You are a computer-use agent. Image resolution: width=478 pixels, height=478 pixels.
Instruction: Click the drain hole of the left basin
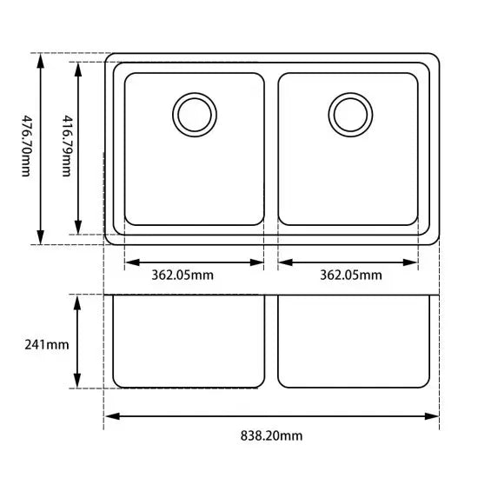(193, 114)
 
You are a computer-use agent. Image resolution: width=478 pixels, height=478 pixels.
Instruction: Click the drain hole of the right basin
(349, 114)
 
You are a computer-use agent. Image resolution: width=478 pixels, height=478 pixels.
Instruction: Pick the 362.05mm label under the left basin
(183, 276)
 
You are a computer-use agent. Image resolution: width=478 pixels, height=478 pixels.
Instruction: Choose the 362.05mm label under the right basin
(350, 276)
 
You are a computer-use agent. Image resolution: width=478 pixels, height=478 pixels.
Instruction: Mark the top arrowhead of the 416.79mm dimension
(79, 67)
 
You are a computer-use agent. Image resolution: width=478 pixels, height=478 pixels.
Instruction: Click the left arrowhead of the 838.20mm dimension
(110, 416)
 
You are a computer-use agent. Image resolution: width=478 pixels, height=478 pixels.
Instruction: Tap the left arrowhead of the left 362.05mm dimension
(131, 262)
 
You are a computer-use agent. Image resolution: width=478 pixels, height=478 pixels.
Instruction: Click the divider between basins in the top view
(271, 148)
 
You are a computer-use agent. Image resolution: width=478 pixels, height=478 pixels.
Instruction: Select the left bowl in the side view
(188, 342)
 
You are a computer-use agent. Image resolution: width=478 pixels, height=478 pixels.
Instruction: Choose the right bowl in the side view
(355, 342)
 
